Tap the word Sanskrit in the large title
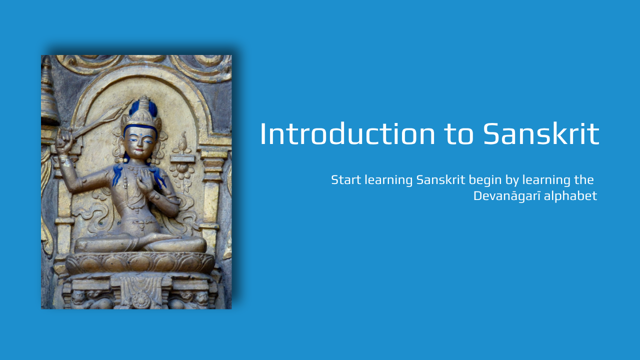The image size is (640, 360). point(541,134)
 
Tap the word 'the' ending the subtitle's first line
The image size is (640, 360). point(584,180)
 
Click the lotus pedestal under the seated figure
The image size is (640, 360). point(140,262)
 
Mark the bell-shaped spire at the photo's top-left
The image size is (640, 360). point(48,92)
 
